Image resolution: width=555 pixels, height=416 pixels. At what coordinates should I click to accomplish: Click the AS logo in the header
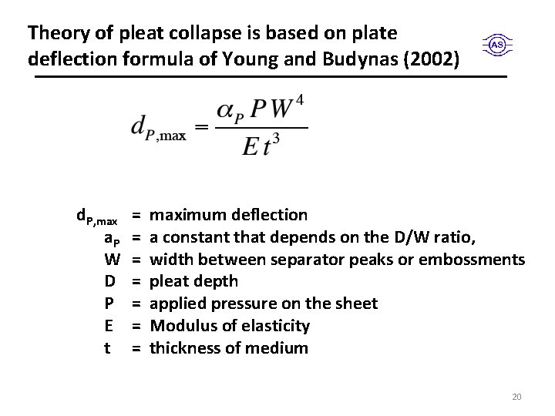[497, 45]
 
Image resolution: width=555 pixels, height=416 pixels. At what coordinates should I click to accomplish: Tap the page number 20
[516, 397]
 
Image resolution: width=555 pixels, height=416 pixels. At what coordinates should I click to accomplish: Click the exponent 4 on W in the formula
[301, 99]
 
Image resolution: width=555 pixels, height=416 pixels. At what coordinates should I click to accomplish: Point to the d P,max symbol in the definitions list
[96, 216]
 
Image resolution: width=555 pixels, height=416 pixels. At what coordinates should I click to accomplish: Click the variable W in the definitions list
[110, 259]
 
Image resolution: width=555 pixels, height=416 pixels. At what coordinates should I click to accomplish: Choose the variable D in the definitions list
[110, 281]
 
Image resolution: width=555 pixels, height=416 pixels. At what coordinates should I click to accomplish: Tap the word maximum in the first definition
[186, 215]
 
